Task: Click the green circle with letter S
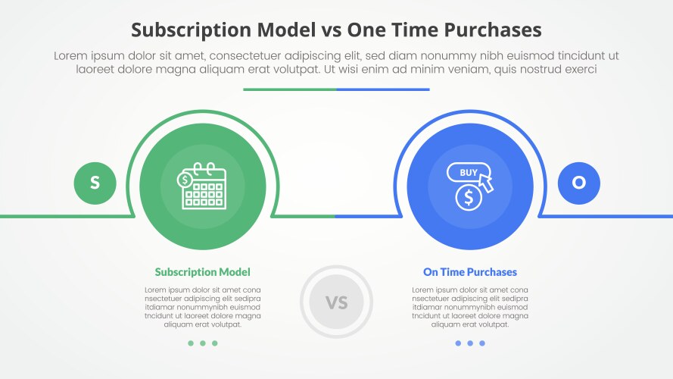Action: click(95, 183)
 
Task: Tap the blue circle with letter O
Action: click(578, 183)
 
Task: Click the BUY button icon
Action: click(467, 173)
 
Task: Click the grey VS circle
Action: click(336, 302)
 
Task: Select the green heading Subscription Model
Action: click(202, 271)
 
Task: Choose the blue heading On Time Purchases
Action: click(469, 271)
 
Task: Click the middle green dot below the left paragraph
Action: click(202, 343)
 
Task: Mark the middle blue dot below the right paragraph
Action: click(470, 343)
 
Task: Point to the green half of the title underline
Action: click(289, 89)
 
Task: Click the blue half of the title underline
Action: click(382, 89)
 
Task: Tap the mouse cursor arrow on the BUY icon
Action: click(484, 183)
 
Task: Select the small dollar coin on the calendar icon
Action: click(184, 180)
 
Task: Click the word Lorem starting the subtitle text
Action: click(72, 55)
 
